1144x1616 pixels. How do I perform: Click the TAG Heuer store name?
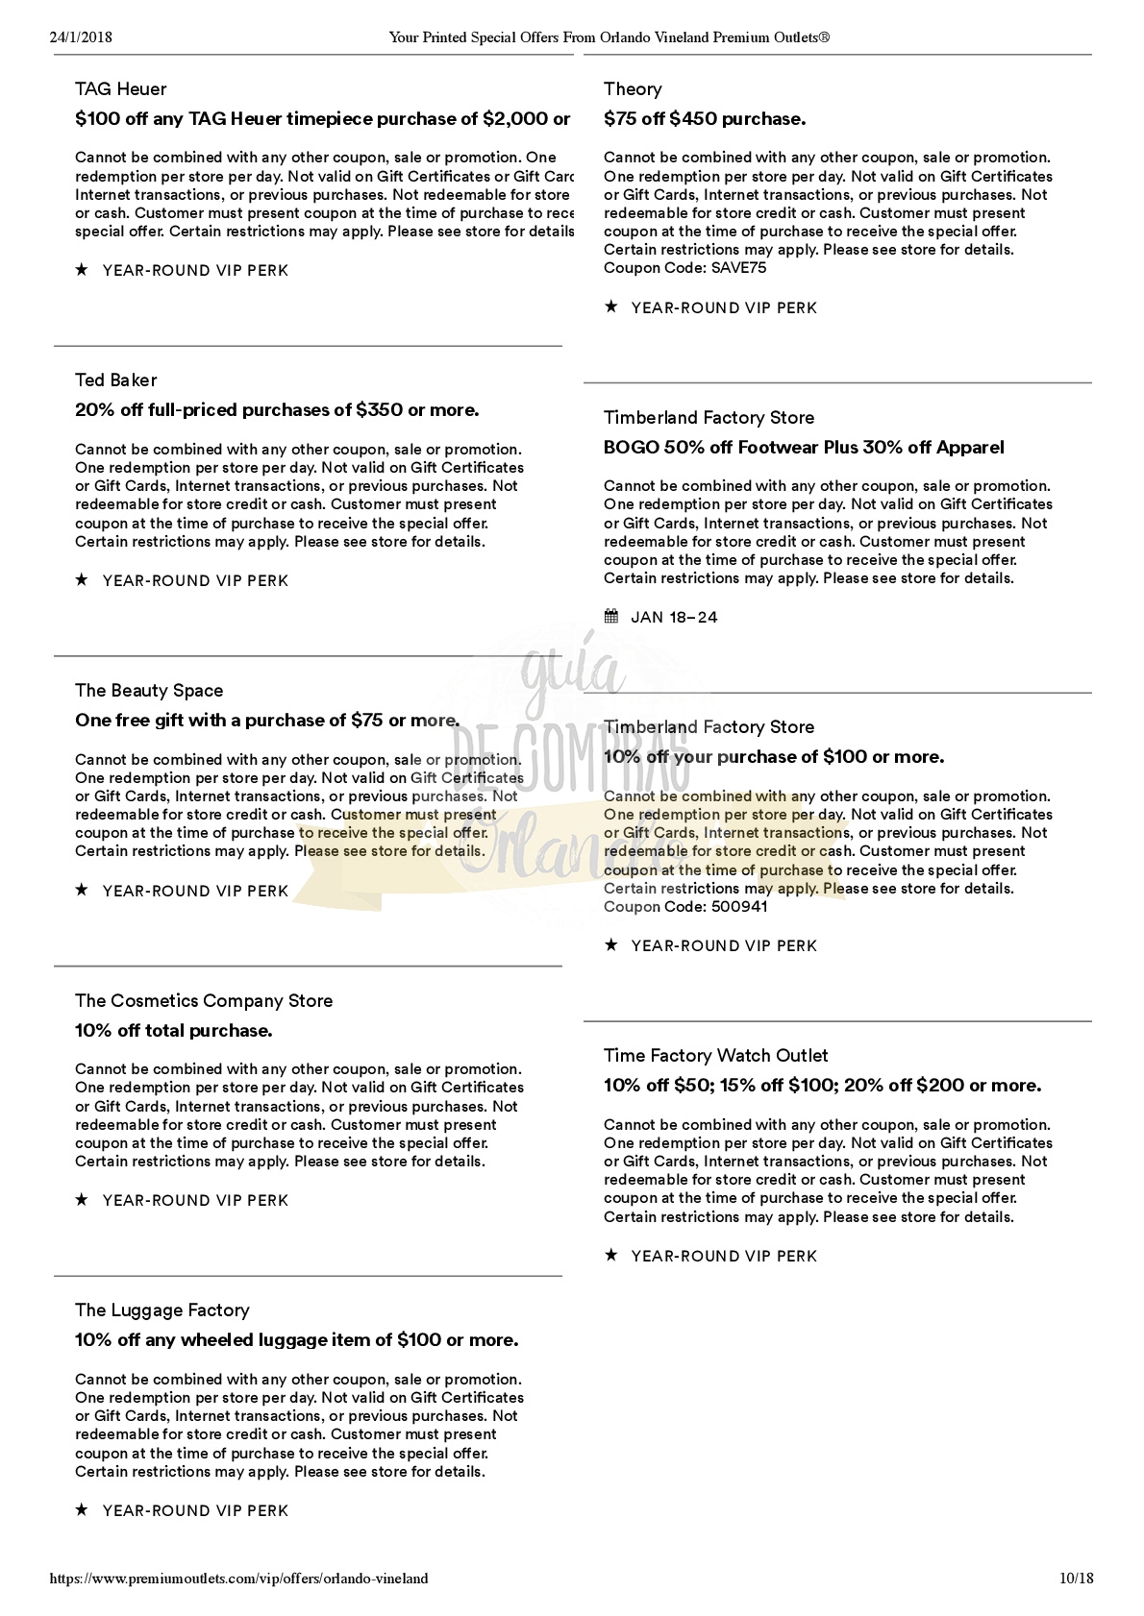pyautogui.click(x=121, y=89)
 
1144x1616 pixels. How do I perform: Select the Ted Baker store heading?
pyautogui.click(x=115, y=380)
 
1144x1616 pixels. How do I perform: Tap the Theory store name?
pyautogui.click(x=633, y=89)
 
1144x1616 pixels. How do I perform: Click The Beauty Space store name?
pyautogui.click(x=149, y=691)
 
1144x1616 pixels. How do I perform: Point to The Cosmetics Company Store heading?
pyautogui.click(x=204, y=1001)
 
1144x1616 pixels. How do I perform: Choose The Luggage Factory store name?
pyautogui.click(x=162, y=1310)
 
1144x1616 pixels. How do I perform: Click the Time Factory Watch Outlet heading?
pyautogui.click(x=715, y=1056)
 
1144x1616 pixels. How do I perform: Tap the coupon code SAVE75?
pyautogui.click(x=739, y=268)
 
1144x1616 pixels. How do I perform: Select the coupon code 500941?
pyautogui.click(x=740, y=907)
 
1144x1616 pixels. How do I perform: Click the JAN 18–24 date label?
pyautogui.click(x=674, y=618)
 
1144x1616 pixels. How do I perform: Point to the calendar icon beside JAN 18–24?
pyautogui.click(x=611, y=617)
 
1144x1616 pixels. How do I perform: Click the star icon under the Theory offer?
pyautogui.click(x=611, y=307)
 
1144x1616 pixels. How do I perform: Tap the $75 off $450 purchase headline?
pyautogui.click(x=705, y=119)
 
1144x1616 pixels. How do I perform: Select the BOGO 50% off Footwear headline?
pyautogui.click(x=804, y=448)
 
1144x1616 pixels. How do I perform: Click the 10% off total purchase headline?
pyautogui.click(x=174, y=1031)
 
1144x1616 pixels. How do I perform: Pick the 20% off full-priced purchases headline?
pyautogui.click(x=277, y=410)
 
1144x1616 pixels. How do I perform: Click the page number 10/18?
pyautogui.click(x=1077, y=1579)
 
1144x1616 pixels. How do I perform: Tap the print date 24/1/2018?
pyautogui.click(x=81, y=37)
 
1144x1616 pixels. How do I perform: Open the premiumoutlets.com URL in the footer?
pyautogui.click(x=238, y=1579)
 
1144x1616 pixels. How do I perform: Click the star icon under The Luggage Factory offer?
pyautogui.click(x=82, y=1510)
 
